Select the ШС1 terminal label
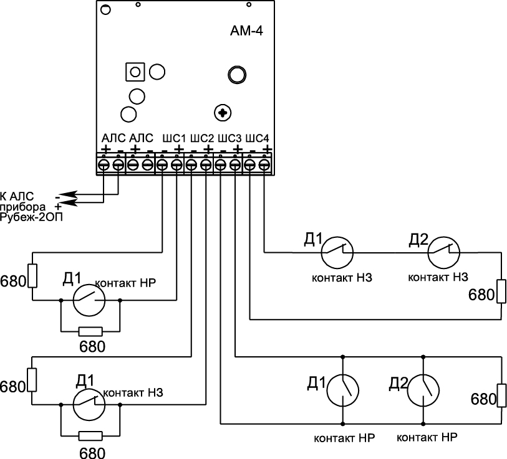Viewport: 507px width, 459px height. point(173,137)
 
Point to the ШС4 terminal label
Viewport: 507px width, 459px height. point(257,137)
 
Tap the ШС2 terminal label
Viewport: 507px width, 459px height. point(201,137)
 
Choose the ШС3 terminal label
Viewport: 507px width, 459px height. point(229,137)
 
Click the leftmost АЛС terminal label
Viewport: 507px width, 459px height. point(113,137)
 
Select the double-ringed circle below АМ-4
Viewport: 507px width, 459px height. point(238,73)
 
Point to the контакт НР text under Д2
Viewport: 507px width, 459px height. point(427,437)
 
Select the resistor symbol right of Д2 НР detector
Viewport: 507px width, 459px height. point(500,395)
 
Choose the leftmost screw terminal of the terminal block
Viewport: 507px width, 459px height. point(104,164)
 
